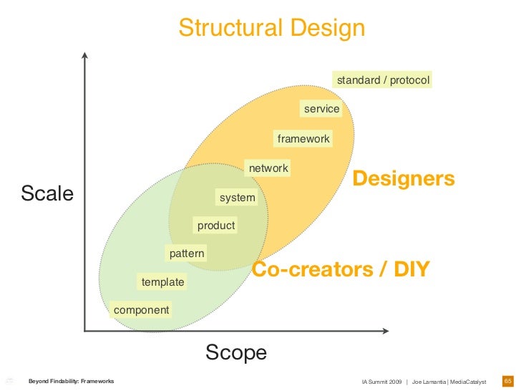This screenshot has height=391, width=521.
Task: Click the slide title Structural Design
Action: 271,28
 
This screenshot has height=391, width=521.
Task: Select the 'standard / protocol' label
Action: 383,80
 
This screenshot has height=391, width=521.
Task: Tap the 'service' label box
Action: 321,109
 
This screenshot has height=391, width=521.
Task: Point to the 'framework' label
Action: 303,139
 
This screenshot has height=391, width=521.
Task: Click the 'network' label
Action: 268,168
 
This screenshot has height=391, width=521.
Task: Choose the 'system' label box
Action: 237,197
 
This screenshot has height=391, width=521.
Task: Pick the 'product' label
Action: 216,226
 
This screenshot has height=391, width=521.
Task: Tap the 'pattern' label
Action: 187,254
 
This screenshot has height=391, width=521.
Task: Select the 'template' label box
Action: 162,282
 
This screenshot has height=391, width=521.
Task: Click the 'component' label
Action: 142,310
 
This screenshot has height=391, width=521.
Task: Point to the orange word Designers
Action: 404,178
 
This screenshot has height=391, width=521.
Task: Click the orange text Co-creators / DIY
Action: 340,270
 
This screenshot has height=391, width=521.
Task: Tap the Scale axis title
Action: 47,193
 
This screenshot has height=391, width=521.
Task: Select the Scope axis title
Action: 236,352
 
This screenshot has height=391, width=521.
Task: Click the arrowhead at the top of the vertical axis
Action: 85,56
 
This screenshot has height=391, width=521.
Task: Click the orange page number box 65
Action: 508,380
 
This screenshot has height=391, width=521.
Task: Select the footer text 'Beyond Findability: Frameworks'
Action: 71,381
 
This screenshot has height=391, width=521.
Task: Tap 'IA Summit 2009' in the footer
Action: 381,381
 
